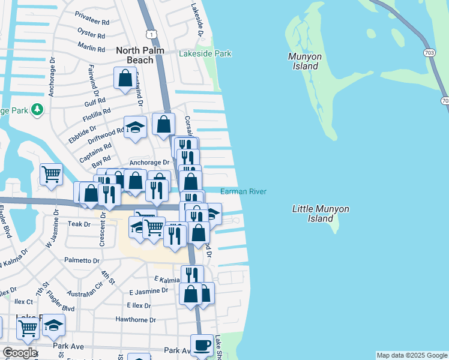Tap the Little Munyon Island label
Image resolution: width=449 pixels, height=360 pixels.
[x=321, y=214]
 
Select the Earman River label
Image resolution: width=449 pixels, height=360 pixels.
[x=243, y=191]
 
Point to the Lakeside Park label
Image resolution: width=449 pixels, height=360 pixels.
[x=205, y=54]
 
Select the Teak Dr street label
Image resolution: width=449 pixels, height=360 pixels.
[x=79, y=224]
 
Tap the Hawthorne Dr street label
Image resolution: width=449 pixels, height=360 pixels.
[x=136, y=320]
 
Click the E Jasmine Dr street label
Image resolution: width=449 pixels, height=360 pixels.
[x=149, y=290]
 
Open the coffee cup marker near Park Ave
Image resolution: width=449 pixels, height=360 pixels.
[x=202, y=345]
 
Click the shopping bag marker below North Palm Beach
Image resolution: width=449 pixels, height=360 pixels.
[x=125, y=78]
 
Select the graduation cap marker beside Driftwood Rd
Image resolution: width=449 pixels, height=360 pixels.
[x=136, y=127]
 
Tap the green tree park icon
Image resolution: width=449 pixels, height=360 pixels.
[x=37, y=109]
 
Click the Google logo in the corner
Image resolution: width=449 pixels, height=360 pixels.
[x=19, y=353]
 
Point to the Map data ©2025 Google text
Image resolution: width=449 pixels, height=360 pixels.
[x=412, y=355]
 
